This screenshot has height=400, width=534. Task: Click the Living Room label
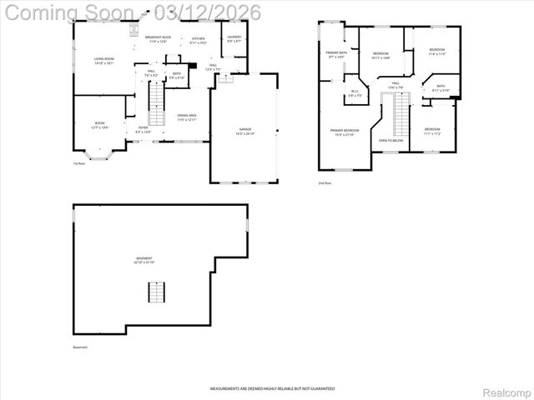103,60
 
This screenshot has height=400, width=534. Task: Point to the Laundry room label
234,38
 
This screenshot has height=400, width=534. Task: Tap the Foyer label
144,129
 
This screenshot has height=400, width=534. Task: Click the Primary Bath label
336,54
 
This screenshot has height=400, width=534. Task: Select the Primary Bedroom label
344,132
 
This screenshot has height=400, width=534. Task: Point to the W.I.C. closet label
355,93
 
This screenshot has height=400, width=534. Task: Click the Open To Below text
390,141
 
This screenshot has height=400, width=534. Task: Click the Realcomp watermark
506,391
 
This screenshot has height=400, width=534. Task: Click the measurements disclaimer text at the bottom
272,388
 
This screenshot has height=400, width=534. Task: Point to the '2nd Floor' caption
324,182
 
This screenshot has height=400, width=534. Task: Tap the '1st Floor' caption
79,163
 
